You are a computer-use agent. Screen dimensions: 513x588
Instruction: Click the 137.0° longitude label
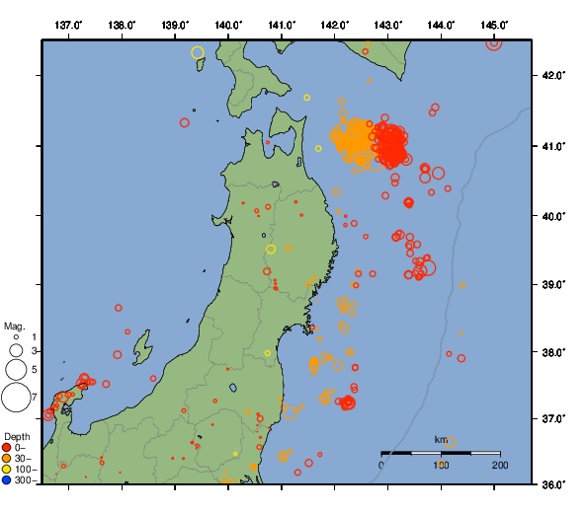pyautogui.click(x=68, y=25)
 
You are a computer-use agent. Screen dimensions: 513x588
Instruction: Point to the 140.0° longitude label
pyautogui.click(x=228, y=25)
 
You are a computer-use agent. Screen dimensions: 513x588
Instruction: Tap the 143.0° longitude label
pyautogui.click(x=388, y=25)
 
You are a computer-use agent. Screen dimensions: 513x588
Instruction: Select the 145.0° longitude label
pyautogui.click(x=494, y=25)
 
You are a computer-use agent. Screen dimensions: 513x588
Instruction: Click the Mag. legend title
pyautogui.click(x=14, y=326)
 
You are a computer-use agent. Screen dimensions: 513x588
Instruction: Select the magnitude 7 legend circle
pyautogui.click(x=16, y=398)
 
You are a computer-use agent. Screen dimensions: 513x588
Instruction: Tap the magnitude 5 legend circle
pyautogui.click(x=16, y=370)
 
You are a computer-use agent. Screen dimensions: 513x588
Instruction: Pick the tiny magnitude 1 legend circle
pyautogui.click(x=16, y=337)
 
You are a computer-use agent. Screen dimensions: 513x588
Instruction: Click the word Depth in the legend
pyautogui.click(x=17, y=437)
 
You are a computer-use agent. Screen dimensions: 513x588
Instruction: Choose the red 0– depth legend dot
pyautogui.click(x=7, y=448)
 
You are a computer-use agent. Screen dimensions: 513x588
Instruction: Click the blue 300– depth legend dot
pyautogui.click(x=7, y=480)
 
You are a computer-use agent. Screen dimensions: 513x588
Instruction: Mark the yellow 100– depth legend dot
pyautogui.click(x=7, y=470)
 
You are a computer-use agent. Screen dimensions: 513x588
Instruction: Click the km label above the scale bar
pyautogui.click(x=441, y=439)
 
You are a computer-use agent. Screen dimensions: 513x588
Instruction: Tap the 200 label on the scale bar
pyautogui.click(x=499, y=464)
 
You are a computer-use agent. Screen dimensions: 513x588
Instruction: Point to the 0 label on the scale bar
pyautogui.click(x=382, y=464)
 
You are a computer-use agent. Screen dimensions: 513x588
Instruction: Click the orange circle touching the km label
pyautogui.click(x=451, y=443)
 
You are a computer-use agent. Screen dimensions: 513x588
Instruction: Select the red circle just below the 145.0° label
pyautogui.click(x=494, y=41)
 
